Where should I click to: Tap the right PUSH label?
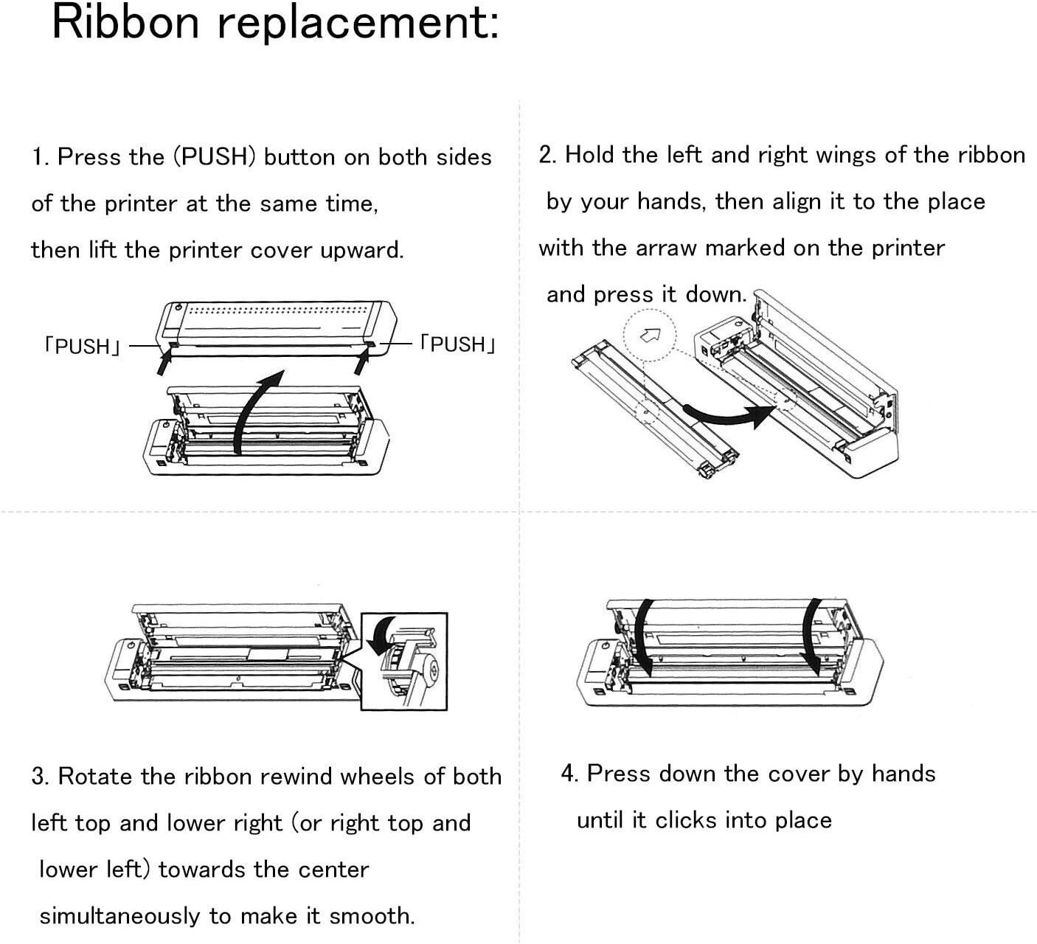pos(457,344)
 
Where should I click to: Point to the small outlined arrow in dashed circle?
pos(650,336)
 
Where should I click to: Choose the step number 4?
pos(568,774)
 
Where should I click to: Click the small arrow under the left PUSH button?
pos(166,361)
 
